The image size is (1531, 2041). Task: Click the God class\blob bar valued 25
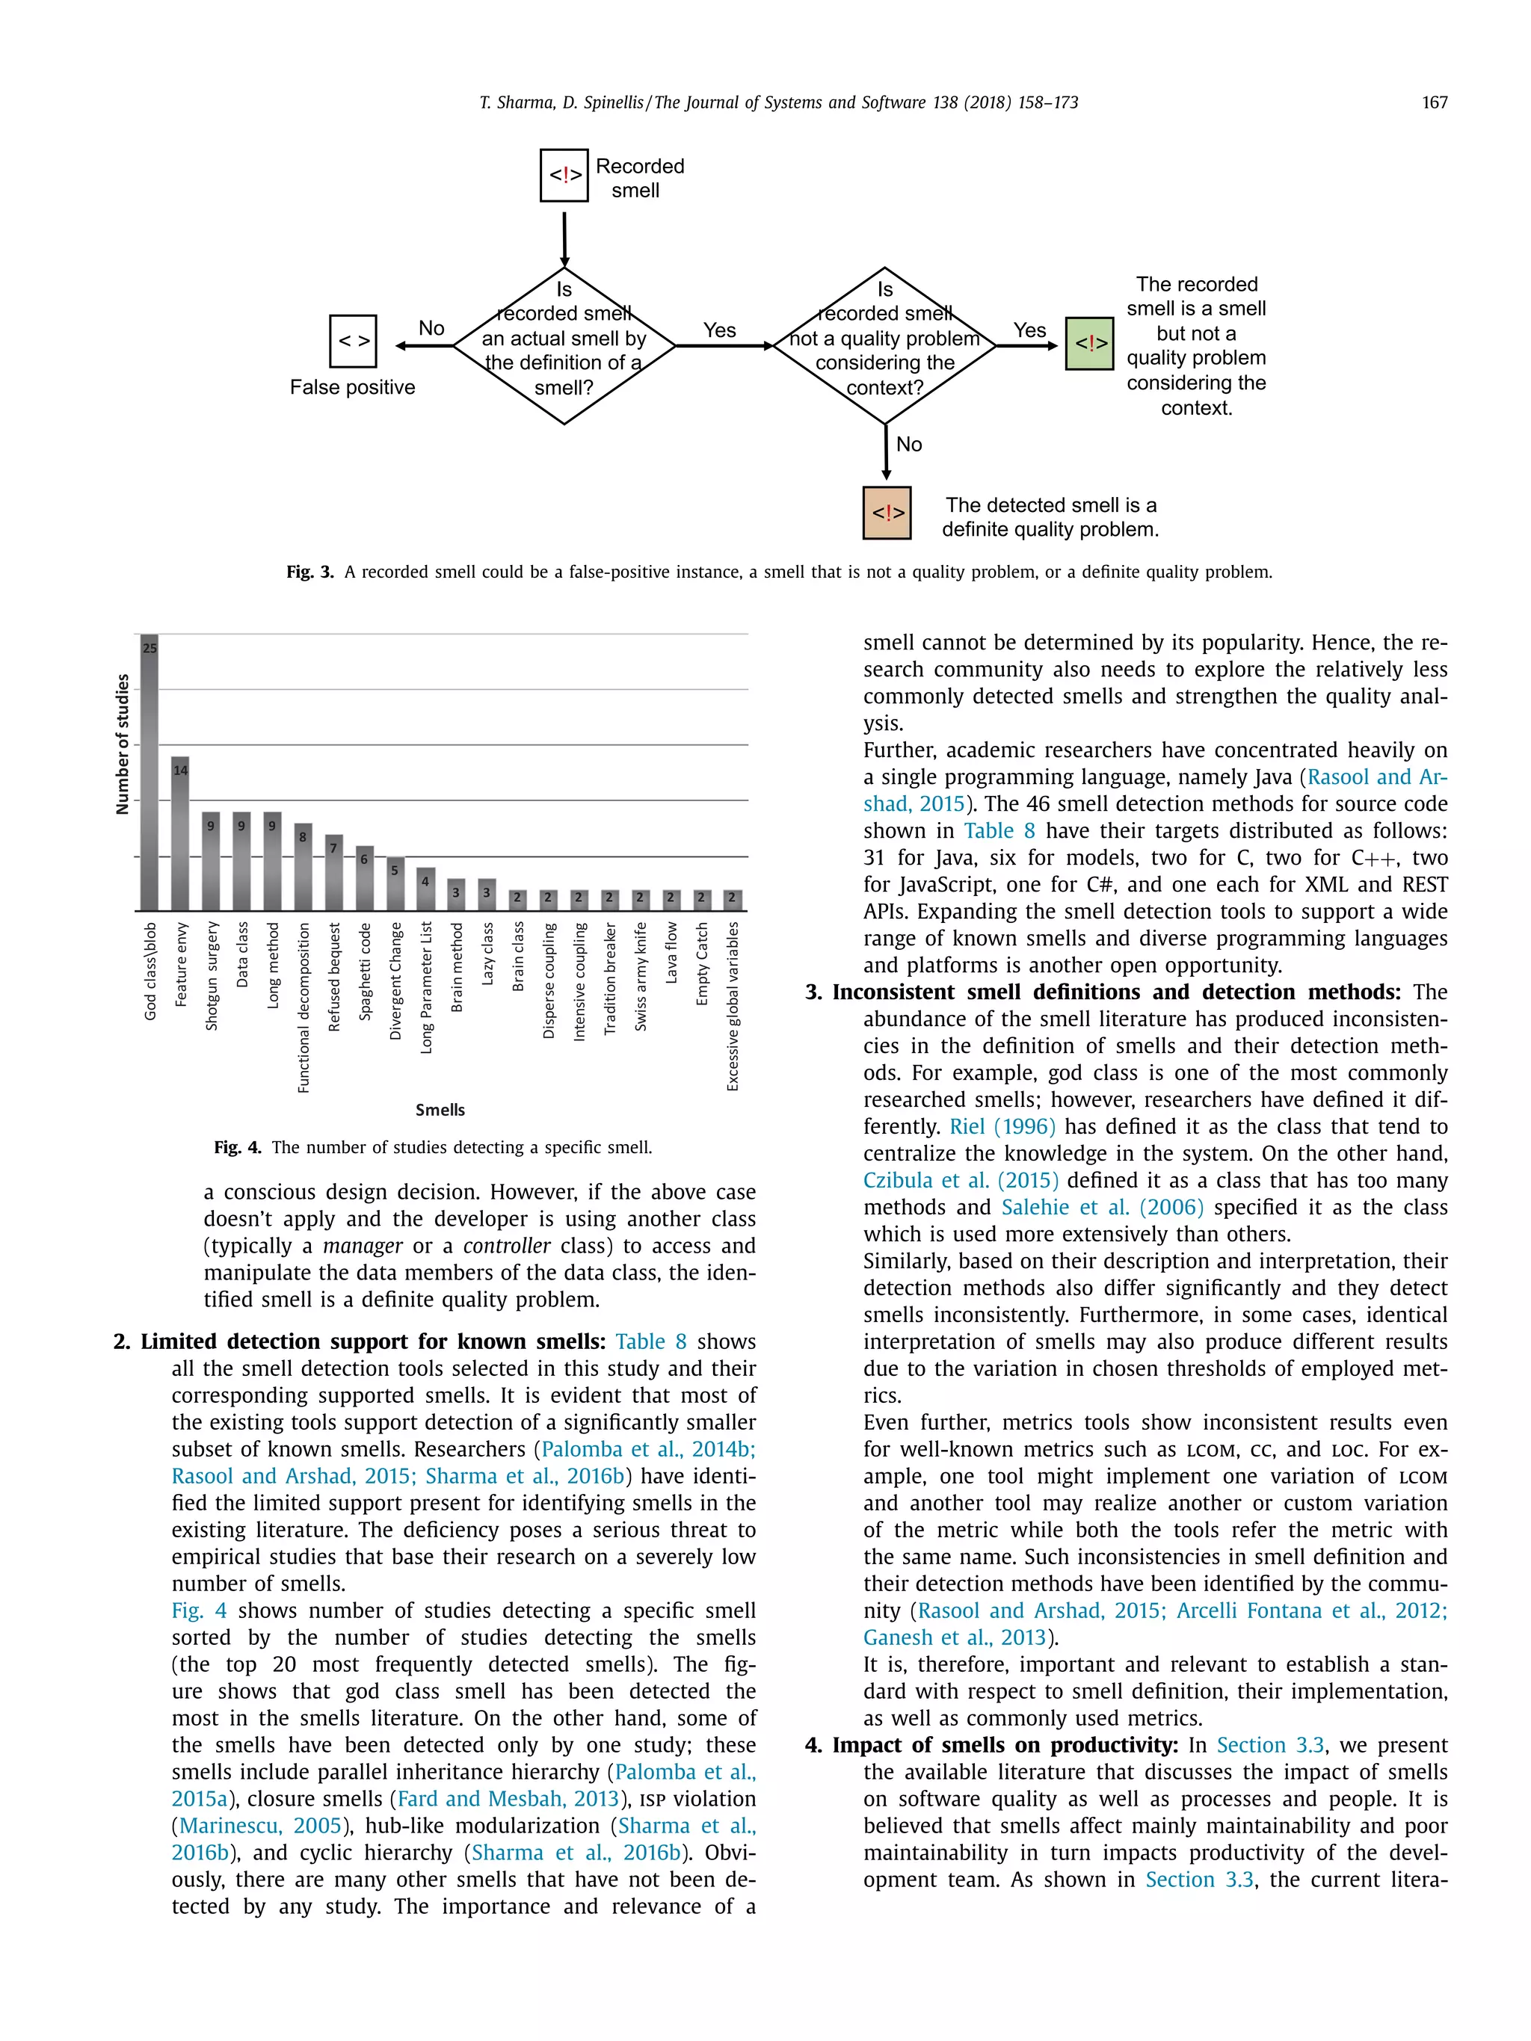150,774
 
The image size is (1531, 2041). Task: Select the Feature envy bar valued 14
180,834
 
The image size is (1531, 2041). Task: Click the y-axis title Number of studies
122,744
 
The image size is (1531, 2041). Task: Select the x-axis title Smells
440,1109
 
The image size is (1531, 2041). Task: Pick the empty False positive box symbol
353,342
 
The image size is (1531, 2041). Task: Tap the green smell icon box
1090,343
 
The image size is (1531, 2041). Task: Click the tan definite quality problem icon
887,513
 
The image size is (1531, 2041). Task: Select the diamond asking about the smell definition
564,347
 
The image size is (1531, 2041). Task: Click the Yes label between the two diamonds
719,330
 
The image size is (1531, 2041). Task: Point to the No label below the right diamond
909,445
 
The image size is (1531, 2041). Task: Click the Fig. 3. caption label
310,572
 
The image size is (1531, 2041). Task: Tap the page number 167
1434,102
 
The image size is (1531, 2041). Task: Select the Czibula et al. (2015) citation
961,1180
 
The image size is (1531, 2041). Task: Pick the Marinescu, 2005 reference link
261,1825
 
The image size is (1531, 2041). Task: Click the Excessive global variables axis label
733,1006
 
